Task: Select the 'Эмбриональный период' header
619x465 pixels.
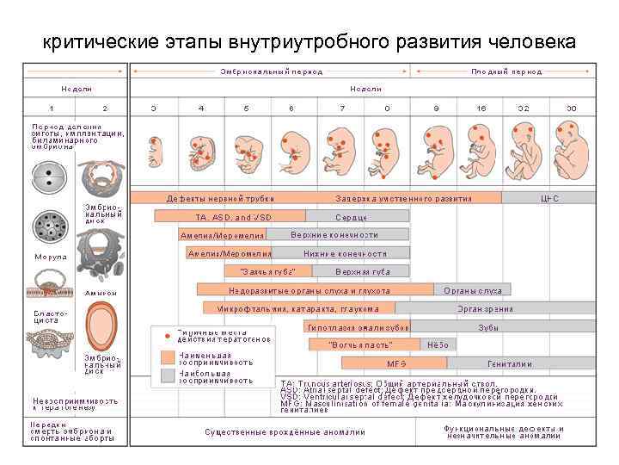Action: [271, 71]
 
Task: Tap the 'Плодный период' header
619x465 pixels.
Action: [506, 71]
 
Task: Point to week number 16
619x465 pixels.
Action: [481, 108]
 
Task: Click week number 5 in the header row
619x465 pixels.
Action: [247, 108]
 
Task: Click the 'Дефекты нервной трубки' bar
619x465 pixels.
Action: [208, 198]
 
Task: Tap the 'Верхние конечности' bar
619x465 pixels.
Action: [334, 235]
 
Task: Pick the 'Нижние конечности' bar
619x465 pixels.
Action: [345, 254]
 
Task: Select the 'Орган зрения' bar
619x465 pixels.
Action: [485, 309]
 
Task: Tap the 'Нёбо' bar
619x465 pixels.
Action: [438, 345]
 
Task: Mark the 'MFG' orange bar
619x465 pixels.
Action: [396, 364]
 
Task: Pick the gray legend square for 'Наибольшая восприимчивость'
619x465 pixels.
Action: [168, 376]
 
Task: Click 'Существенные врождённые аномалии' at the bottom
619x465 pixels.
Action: [285, 431]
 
